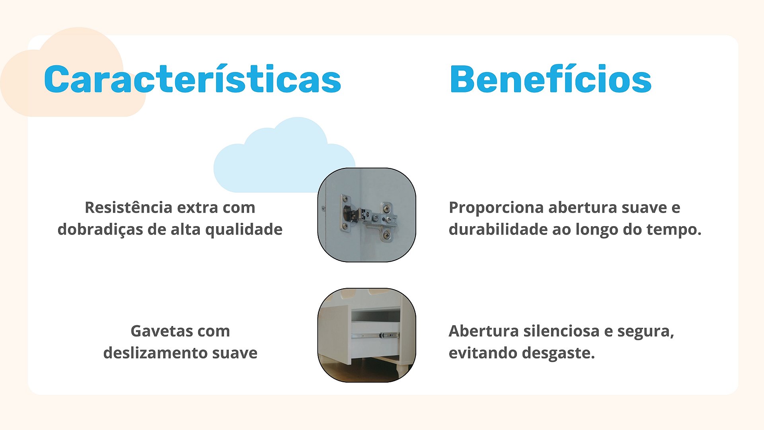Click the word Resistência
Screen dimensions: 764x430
129,207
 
